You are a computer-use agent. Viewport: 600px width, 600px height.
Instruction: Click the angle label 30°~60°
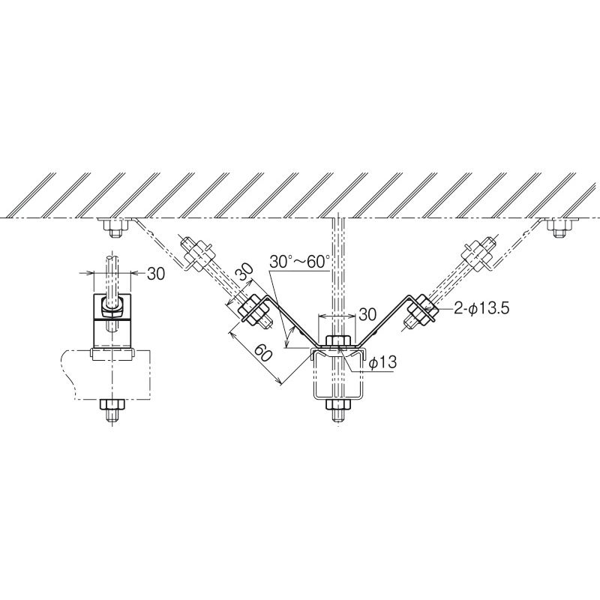click(x=299, y=261)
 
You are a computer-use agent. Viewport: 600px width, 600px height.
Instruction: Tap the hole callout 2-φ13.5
click(x=481, y=308)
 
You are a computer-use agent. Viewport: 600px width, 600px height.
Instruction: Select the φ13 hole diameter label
click(x=382, y=362)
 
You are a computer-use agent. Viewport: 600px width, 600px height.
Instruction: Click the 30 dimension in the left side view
click(x=156, y=274)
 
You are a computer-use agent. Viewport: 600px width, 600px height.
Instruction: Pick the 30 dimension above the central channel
click(x=367, y=315)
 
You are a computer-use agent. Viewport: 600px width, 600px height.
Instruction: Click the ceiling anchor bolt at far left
click(x=114, y=228)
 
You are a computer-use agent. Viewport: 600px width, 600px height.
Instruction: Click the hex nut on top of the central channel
click(x=337, y=341)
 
